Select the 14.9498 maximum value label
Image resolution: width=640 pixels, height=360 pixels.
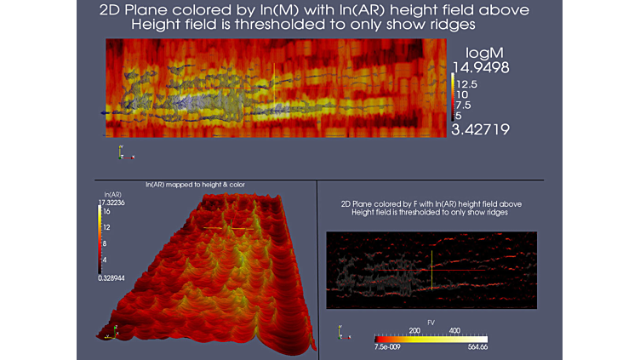click(x=480, y=68)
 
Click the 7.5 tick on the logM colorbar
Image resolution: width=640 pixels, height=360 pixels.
click(x=463, y=105)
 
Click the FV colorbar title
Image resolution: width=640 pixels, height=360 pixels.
click(x=431, y=323)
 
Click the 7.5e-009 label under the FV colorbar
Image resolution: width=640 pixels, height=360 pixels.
click(x=388, y=347)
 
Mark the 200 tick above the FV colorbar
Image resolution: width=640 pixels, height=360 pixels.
click(x=416, y=330)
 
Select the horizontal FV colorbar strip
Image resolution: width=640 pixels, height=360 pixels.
click(x=431, y=339)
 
